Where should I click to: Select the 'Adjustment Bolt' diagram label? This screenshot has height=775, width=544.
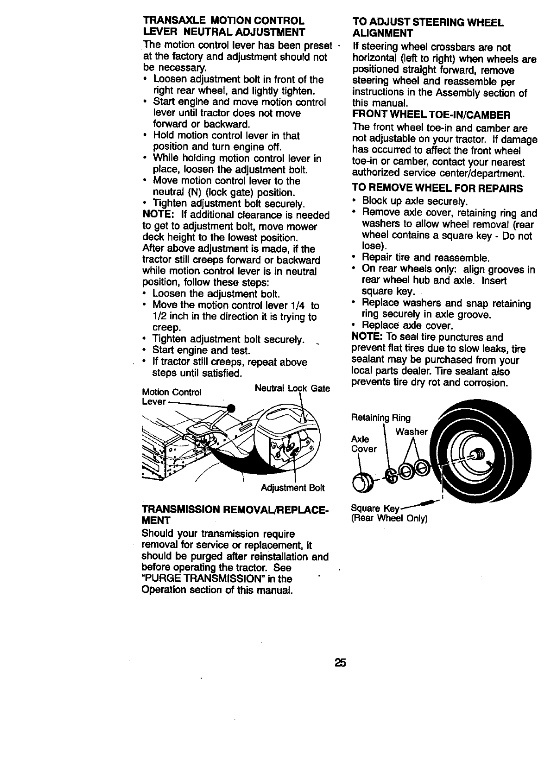pos(293,488)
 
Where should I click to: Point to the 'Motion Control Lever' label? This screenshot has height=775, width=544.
pos(171,397)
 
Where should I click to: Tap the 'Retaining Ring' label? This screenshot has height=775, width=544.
pos(381,418)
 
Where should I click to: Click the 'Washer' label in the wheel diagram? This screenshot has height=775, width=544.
pos(411,432)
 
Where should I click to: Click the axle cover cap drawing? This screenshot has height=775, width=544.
pos(361,483)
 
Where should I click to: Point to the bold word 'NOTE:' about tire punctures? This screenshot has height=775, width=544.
pos(367,337)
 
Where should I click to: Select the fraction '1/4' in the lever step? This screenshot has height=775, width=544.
pos(297,305)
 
